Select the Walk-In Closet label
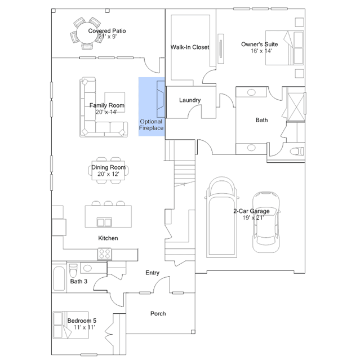click(x=190, y=47)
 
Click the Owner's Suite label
click(x=257, y=44)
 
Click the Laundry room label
click(x=190, y=100)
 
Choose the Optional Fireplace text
click(x=151, y=125)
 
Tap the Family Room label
click(x=106, y=105)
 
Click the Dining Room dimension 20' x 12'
click(x=108, y=174)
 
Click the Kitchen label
click(x=108, y=238)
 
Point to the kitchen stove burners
click(x=105, y=254)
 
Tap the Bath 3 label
click(x=78, y=281)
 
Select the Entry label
click(x=152, y=273)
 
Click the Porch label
click(x=158, y=313)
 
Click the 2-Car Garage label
click(x=251, y=211)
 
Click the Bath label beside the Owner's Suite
click(x=261, y=120)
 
